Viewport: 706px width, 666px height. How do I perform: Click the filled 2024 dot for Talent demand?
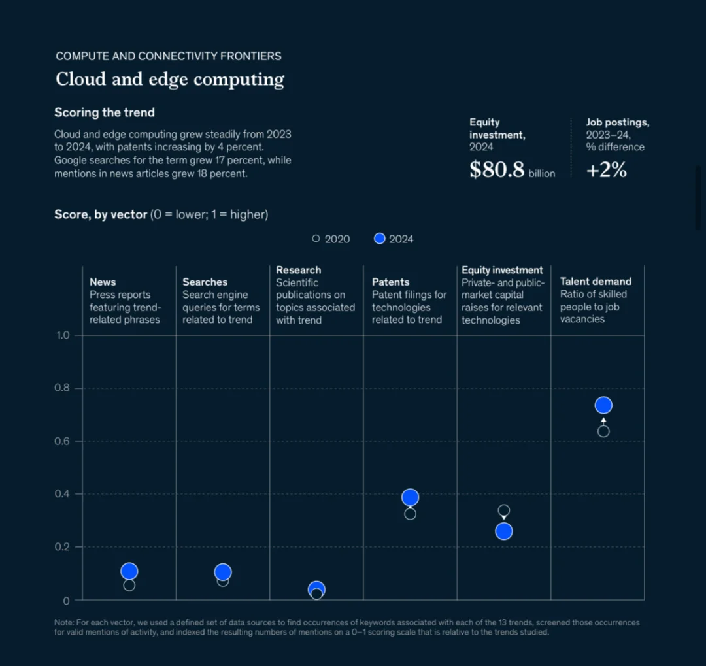(603, 405)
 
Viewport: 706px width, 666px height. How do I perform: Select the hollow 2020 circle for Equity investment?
(503, 510)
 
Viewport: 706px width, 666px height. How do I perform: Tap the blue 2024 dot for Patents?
(410, 497)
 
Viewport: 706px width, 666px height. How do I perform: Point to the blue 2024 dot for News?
(129, 571)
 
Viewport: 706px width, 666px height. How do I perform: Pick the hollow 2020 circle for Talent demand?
(603, 431)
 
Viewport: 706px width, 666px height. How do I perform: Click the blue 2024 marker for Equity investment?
(503, 531)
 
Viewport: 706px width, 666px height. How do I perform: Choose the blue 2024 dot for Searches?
(223, 572)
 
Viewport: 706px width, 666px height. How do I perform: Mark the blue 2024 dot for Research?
(316, 589)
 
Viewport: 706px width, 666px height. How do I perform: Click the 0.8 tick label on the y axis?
(62, 388)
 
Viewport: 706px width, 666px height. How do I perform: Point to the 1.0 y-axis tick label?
(62, 335)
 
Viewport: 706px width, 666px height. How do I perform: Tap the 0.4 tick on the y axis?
(62, 494)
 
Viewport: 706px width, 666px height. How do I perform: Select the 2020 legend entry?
(331, 239)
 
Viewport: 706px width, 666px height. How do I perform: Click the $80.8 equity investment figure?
(497, 170)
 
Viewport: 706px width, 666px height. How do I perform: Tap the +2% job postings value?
(606, 170)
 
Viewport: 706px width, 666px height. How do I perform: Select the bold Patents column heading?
(391, 282)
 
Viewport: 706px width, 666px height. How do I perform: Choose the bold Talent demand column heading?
(596, 282)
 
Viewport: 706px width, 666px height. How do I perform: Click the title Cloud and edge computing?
(170, 79)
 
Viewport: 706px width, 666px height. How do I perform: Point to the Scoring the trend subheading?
(105, 112)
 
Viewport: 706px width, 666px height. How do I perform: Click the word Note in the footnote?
(64, 622)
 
